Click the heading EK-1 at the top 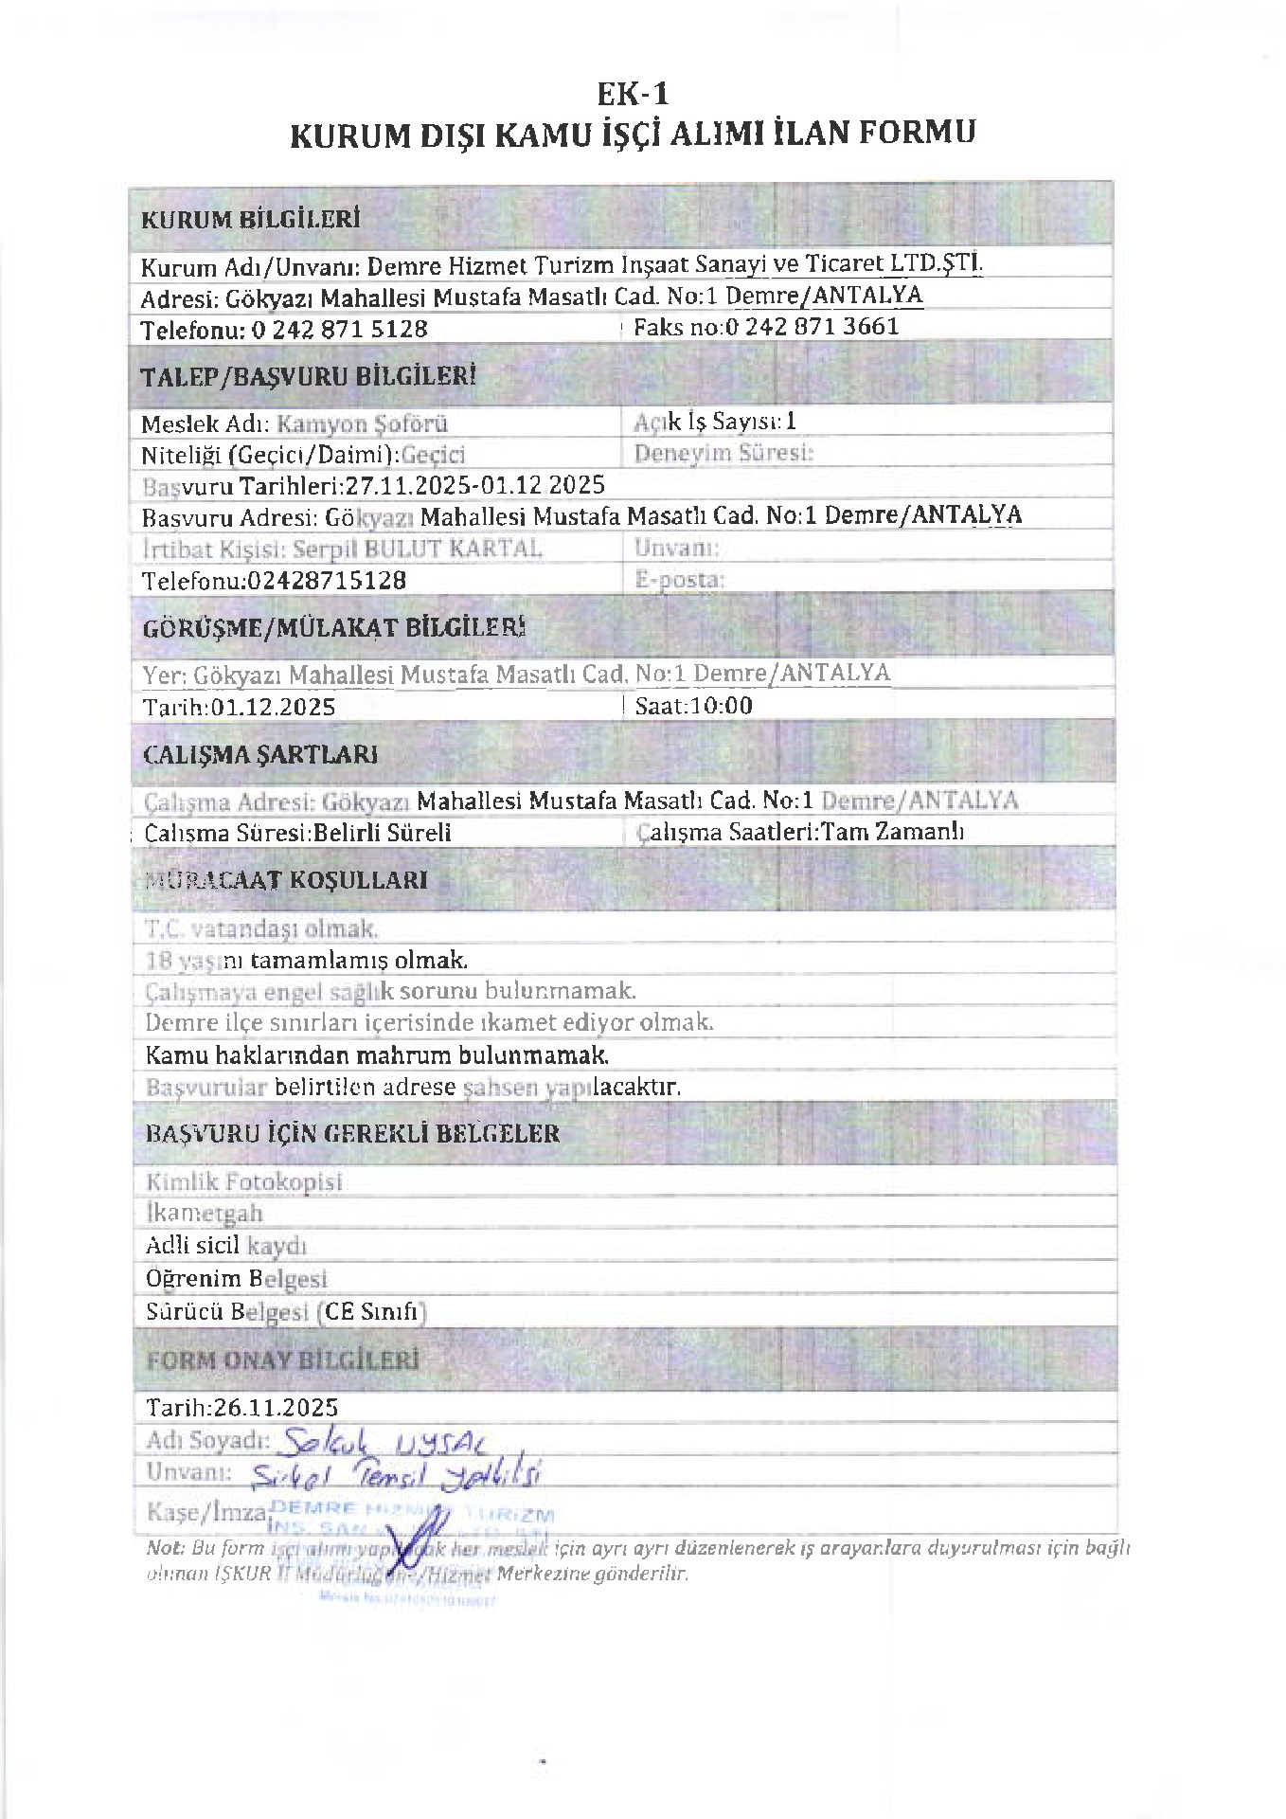pos(632,94)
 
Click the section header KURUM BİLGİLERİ pos(250,220)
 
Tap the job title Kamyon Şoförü pos(362,423)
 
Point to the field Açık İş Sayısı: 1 pos(715,421)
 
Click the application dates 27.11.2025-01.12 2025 pos(474,485)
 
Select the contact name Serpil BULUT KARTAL pos(418,549)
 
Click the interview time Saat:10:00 pos(693,705)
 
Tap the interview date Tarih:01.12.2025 pos(239,707)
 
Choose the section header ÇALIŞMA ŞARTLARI pos(259,754)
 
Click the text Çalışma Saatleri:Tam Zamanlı pos(800,831)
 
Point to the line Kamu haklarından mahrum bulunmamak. pos(376,1054)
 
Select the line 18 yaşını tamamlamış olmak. pos(306,960)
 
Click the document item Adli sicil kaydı pos(225,1245)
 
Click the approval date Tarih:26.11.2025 pos(241,1406)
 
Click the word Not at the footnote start pos(165,1548)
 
